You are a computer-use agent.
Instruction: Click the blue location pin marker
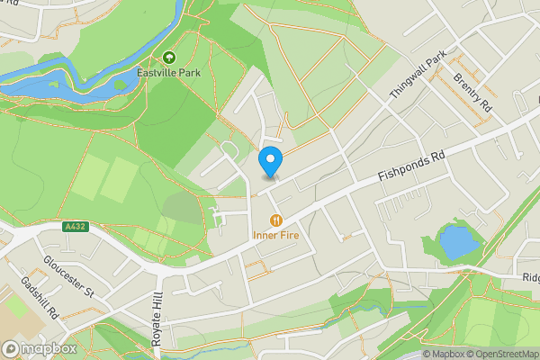point(270,162)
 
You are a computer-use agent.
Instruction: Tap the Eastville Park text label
point(168,72)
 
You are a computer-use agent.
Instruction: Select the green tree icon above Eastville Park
point(168,58)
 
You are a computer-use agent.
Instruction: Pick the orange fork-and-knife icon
point(276,219)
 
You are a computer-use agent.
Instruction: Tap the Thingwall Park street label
point(418,76)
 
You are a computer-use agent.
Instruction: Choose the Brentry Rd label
point(473,90)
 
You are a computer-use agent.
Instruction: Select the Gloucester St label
point(68,276)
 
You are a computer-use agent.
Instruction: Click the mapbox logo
point(40,348)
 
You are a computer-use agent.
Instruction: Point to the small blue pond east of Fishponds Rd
point(456,241)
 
